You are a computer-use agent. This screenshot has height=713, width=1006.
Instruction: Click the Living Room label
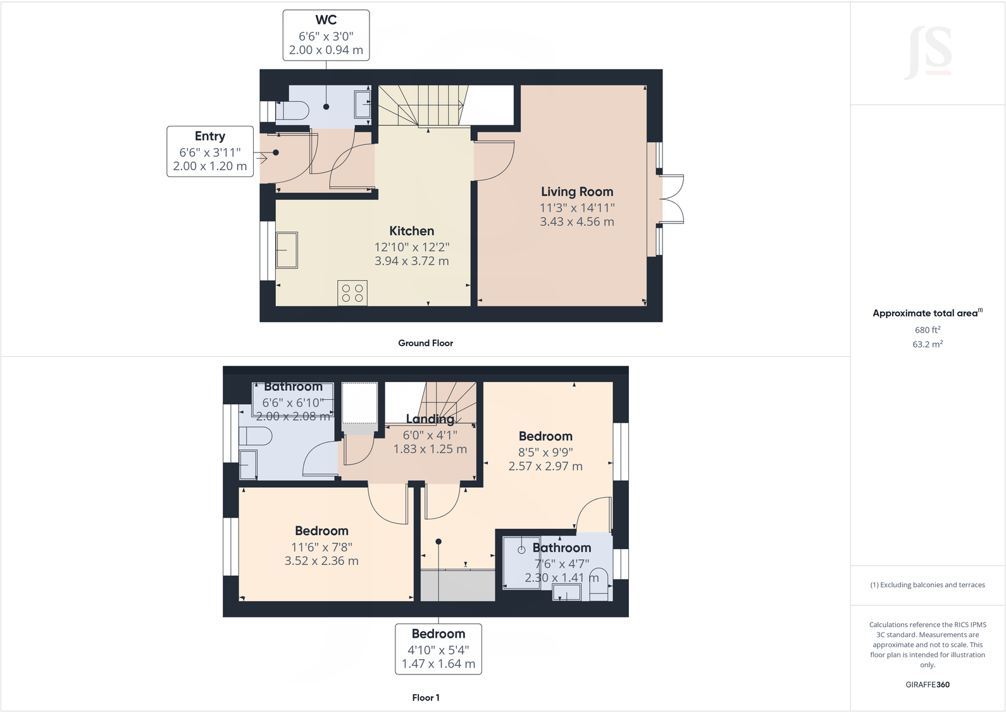(576, 192)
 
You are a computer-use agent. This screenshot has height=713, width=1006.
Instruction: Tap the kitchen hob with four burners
(352, 293)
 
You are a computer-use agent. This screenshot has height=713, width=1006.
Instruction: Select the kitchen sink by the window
(287, 250)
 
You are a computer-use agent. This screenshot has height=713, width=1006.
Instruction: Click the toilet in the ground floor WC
(293, 112)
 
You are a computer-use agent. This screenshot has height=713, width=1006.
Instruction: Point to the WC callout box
(326, 35)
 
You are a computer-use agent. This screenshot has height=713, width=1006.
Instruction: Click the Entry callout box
(210, 151)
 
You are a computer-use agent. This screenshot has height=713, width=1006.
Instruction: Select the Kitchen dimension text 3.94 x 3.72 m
(411, 261)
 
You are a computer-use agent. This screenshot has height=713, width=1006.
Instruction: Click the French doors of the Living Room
(672, 199)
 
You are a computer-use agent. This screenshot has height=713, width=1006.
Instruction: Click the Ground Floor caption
(425, 343)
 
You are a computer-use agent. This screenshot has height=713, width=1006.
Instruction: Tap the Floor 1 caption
(425, 698)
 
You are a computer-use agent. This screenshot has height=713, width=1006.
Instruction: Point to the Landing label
(430, 419)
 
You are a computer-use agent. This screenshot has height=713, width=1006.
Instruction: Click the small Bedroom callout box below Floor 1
(438, 648)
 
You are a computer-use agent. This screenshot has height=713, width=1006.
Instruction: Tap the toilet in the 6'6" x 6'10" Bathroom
(256, 436)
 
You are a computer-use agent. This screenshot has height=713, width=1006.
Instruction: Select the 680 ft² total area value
(927, 330)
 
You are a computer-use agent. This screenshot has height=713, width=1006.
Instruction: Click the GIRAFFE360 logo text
(927, 685)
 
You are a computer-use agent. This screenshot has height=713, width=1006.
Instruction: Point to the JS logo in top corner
(928, 52)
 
